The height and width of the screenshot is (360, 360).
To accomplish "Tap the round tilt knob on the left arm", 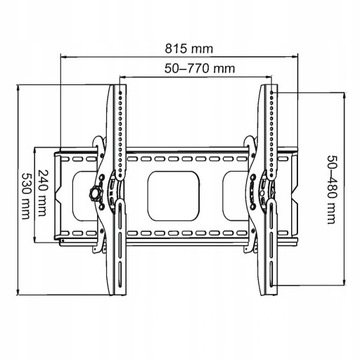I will point(95,190).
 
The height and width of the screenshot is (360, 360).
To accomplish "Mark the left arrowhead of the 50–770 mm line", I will point(121,77).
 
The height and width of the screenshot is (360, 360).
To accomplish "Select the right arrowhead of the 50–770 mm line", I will point(267,77).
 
